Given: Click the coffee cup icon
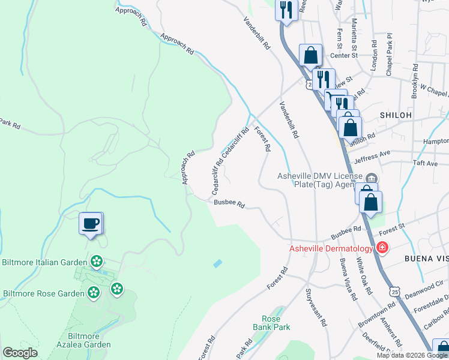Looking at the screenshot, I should pyautogui.click(x=91, y=224).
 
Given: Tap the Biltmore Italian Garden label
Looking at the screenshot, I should pyautogui.click(x=46, y=262).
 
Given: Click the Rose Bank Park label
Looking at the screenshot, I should pyautogui.click(x=276, y=323).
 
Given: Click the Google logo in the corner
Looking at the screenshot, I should pyautogui.click(x=19, y=353).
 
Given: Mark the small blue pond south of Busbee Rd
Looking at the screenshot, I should pyautogui.click(x=217, y=263).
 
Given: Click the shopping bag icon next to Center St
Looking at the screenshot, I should pyautogui.click(x=310, y=55).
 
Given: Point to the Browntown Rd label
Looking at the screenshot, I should pyautogui.click(x=377, y=314).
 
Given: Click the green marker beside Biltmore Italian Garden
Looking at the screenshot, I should pyautogui.click(x=96, y=262).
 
